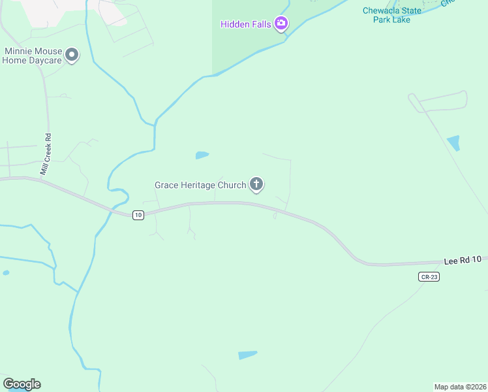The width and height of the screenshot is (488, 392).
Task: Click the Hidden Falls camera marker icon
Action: pyautogui.click(x=281, y=24)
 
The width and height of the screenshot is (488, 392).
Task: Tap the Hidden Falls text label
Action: pyautogui.click(x=247, y=24)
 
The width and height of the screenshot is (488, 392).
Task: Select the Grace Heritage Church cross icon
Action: pyautogui.click(x=256, y=185)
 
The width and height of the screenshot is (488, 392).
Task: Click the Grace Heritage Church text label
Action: pyautogui.click(x=200, y=185)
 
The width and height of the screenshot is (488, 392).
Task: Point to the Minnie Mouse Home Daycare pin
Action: pyautogui.click(x=72, y=55)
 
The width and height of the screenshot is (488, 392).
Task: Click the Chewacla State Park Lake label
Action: pyautogui.click(x=393, y=14)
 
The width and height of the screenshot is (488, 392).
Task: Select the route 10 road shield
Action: pyautogui.click(x=138, y=215)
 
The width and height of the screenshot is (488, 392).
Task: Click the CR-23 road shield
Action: pyautogui.click(x=429, y=277)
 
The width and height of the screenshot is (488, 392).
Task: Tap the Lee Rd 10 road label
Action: pyautogui.click(x=462, y=260)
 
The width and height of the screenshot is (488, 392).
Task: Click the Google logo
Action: pyautogui.click(x=22, y=384)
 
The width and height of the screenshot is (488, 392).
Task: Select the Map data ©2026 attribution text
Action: pyautogui.click(x=460, y=386)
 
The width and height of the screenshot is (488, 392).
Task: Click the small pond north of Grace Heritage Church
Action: pyautogui.click(x=202, y=155)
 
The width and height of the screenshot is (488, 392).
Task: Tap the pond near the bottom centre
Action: pyautogui.click(x=248, y=355)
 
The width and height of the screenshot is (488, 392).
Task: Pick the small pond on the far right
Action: pyautogui.click(x=453, y=142)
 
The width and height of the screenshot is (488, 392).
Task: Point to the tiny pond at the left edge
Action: pyautogui.click(x=6, y=272)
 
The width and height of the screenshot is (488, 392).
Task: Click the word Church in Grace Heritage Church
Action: pyautogui.click(x=232, y=185)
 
